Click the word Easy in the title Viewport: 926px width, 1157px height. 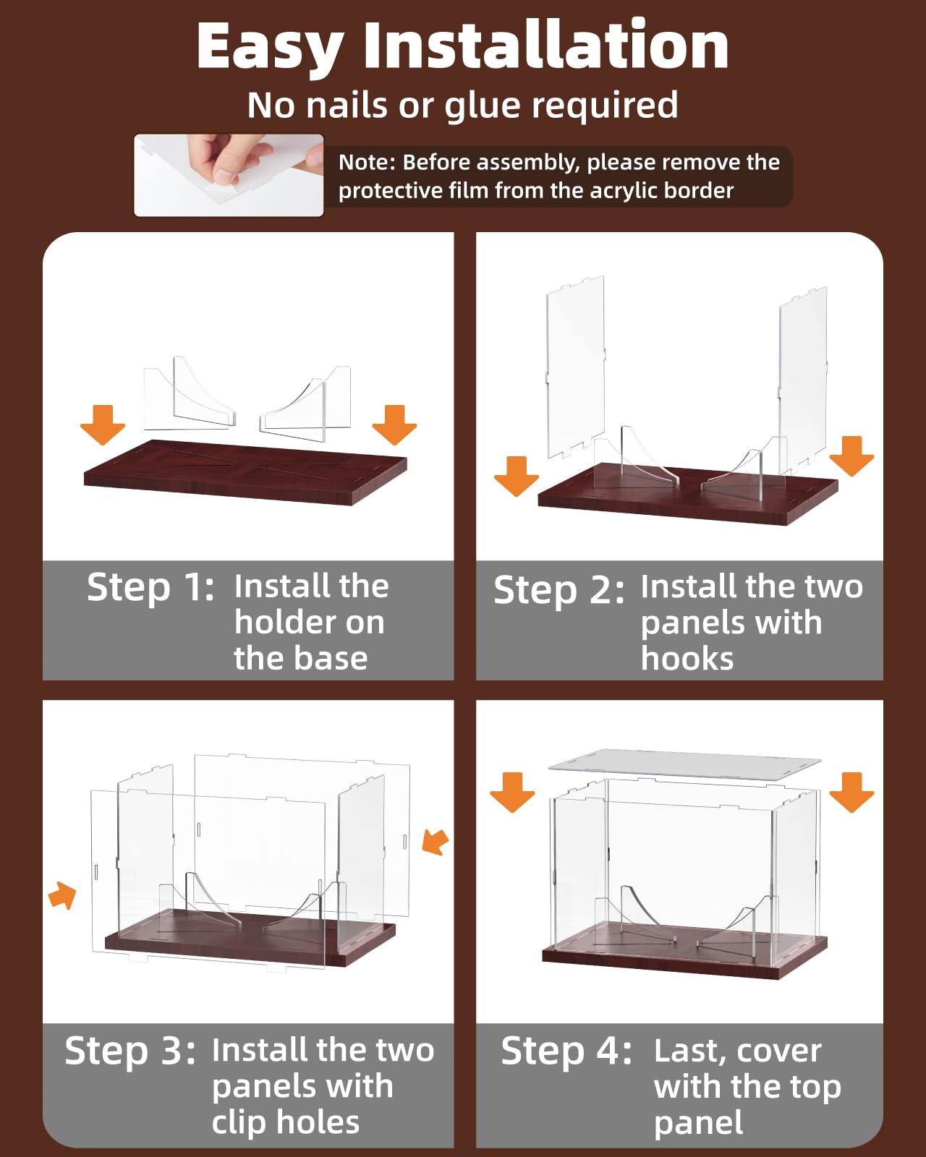pos(269,48)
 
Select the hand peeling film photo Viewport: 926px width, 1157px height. pos(229,174)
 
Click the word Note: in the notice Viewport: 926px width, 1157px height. pos(367,162)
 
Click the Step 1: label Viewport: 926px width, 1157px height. pos(150,586)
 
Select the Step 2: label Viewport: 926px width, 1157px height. pos(558,590)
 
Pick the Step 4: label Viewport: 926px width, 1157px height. pos(566,1051)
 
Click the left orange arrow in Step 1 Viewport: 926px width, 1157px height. pos(103,424)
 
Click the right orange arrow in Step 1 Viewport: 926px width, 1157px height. pos(394,424)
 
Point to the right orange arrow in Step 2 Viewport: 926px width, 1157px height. pos(851,456)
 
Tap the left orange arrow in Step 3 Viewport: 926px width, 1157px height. pos(63,895)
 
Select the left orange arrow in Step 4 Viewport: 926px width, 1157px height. pos(512,792)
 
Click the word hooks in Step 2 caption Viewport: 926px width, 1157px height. pos(687,659)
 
